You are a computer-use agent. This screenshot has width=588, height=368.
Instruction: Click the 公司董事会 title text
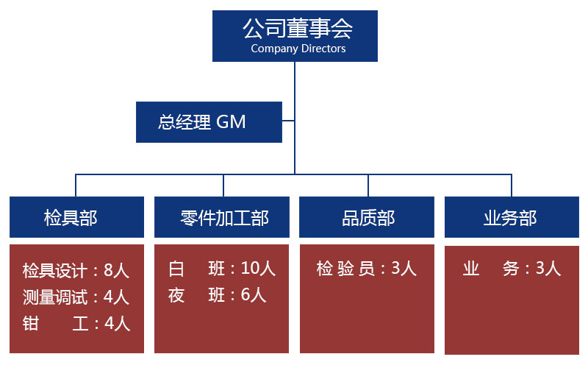[297, 29]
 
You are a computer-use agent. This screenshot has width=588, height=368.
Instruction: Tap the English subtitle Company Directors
[297, 49]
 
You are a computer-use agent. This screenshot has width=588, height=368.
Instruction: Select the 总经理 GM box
[209, 122]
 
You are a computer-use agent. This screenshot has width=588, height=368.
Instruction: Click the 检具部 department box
[76, 218]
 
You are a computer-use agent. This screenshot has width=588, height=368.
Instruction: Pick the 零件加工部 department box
[221, 218]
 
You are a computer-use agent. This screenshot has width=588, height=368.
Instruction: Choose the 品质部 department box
[367, 218]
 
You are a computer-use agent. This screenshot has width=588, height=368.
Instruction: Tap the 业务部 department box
[512, 218]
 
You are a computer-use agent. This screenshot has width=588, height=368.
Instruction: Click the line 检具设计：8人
[76, 271]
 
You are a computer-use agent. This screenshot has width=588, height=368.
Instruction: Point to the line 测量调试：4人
[76, 297]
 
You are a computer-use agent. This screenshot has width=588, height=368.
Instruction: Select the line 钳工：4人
[76, 323]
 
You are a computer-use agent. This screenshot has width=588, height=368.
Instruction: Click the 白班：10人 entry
[221, 269]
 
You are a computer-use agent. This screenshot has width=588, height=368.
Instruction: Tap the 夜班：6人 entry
[217, 295]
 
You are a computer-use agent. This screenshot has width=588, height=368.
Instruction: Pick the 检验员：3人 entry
[366, 269]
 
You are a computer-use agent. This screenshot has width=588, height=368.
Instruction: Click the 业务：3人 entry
[512, 269]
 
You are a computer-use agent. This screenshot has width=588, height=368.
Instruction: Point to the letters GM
[231, 122]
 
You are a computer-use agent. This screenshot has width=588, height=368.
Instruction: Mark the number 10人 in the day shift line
[258, 269]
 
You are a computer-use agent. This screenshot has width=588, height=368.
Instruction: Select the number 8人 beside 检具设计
[117, 271]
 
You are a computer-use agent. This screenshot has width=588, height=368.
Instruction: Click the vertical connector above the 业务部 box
[512, 185]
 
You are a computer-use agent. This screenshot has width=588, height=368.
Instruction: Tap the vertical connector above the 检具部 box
[76, 185]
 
